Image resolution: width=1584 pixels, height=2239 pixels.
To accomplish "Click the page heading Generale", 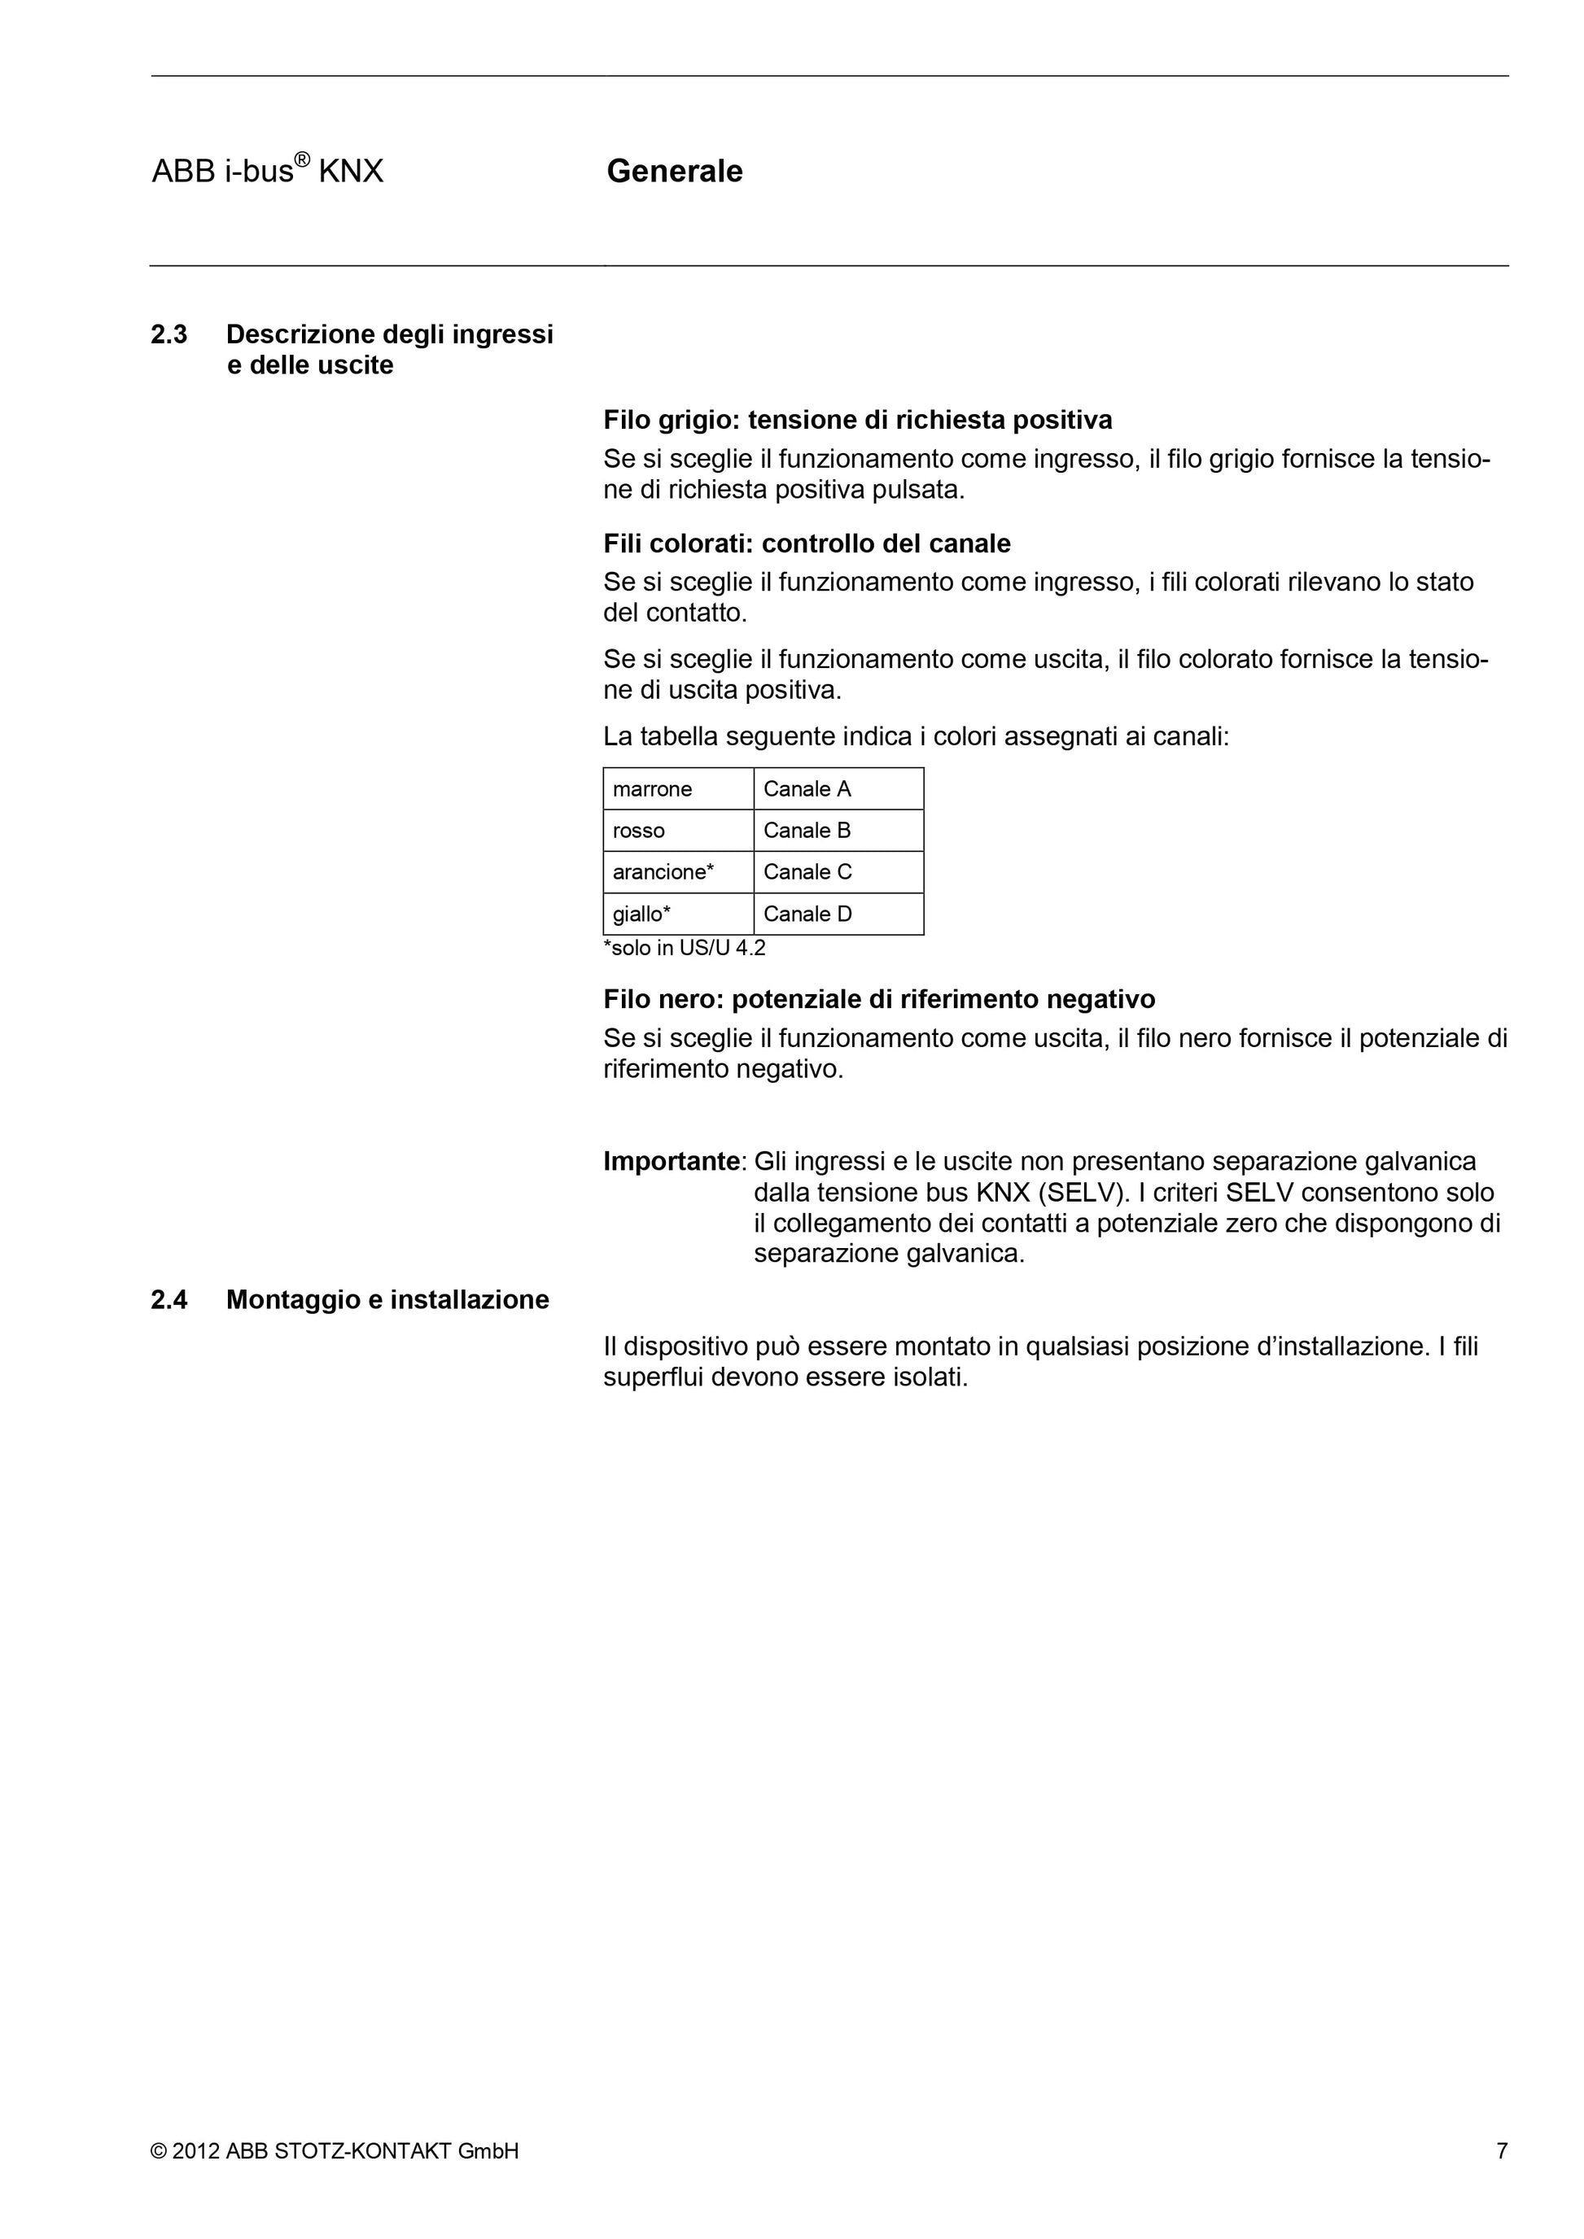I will pyautogui.click(x=674, y=172).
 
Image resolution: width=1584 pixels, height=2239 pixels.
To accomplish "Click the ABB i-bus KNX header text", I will pyautogui.click(x=267, y=172).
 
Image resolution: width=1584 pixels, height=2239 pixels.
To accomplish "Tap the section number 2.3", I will pyautogui.click(x=168, y=334).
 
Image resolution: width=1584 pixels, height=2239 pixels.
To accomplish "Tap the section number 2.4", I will pyautogui.click(x=168, y=1300).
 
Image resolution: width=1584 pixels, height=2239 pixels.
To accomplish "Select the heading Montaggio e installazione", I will pyautogui.click(x=387, y=1300).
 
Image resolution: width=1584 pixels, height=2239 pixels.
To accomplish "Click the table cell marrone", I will pyautogui.click(x=653, y=789).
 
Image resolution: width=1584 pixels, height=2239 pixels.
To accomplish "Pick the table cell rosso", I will pyautogui.click(x=639, y=831).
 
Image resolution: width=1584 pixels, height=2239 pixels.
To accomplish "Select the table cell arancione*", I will pyautogui.click(x=663, y=872).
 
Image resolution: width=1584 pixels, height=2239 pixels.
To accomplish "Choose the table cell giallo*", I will pyautogui.click(x=641, y=914).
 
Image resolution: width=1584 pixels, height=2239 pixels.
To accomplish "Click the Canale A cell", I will pyautogui.click(x=807, y=789).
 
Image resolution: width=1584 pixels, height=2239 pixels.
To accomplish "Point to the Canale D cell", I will pyautogui.click(x=807, y=914).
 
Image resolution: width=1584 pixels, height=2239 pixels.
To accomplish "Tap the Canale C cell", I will pyautogui.click(x=807, y=872).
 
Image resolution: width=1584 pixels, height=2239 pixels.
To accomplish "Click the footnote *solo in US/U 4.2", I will pyautogui.click(x=685, y=948).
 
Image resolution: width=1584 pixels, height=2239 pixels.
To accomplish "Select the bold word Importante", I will pyautogui.click(x=671, y=1162).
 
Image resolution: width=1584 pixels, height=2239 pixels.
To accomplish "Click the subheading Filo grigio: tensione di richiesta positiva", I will pyautogui.click(x=857, y=421).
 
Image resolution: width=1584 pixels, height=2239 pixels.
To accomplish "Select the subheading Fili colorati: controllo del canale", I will pyautogui.click(x=807, y=543).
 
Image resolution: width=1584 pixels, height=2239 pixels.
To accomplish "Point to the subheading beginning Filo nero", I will pyautogui.click(x=879, y=1000).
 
